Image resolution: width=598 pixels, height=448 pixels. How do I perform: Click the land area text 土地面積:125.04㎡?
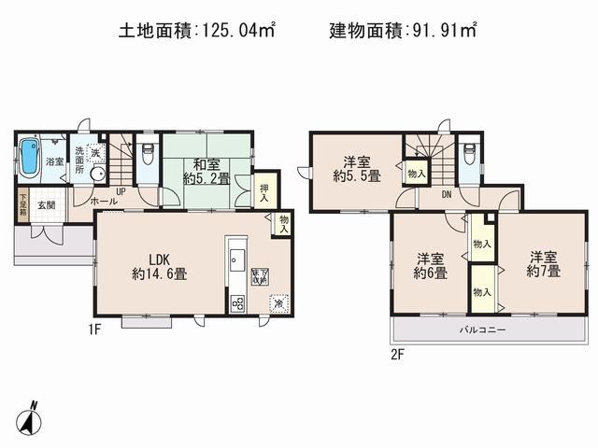coord(196,30)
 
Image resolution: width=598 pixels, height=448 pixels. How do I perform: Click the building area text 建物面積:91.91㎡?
coord(403,30)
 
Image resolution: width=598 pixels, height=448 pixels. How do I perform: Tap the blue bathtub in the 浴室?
coord(30,158)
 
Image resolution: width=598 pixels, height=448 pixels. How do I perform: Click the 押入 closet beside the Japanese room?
coord(265,191)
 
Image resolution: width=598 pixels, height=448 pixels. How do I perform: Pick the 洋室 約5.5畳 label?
coord(357,167)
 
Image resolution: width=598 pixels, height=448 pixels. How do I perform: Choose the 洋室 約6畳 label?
coord(431,265)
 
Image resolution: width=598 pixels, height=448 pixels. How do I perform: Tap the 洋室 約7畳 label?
coord(543,263)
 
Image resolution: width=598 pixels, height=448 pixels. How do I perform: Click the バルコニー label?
coord(481,330)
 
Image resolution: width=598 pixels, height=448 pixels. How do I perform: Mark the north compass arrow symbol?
coord(31,417)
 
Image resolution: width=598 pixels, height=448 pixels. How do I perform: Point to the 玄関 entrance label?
coord(46,205)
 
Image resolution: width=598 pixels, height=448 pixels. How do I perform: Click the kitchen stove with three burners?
coord(236,303)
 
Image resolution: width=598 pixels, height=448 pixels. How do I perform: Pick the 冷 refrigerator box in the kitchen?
coord(278,302)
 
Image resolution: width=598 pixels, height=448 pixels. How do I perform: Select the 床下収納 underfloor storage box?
coord(259,277)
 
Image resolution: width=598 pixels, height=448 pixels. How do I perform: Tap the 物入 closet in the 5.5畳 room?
coord(416,173)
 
